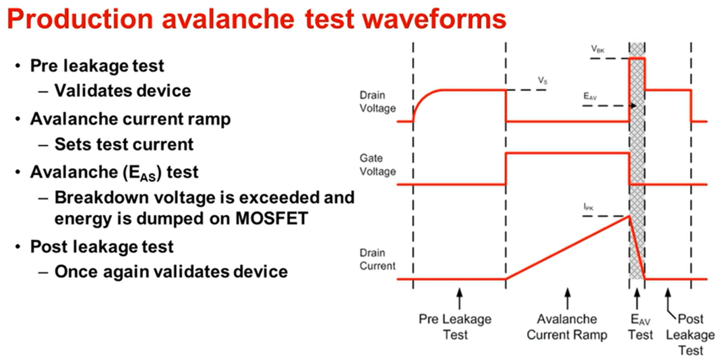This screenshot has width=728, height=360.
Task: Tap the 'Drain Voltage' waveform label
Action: [x=378, y=103]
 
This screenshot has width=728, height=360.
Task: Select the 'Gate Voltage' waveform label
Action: [x=378, y=164]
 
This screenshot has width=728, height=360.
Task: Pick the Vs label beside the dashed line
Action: [x=543, y=80]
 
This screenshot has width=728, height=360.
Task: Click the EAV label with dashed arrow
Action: [x=590, y=96]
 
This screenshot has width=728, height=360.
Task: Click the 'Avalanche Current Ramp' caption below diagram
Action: [x=567, y=326]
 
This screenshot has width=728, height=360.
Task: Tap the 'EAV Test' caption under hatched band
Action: [x=637, y=326]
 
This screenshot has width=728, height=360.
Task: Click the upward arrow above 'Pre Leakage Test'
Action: [x=459, y=297]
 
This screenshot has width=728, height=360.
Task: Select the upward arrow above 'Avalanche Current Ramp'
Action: [x=567, y=297]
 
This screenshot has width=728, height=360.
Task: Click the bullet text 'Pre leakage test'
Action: [x=98, y=66]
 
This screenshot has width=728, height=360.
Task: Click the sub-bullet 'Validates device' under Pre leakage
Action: [x=123, y=90]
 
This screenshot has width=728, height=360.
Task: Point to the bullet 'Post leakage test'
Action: [x=102, y=246]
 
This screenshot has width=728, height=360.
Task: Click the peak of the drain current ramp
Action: [x=630, y=215]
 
